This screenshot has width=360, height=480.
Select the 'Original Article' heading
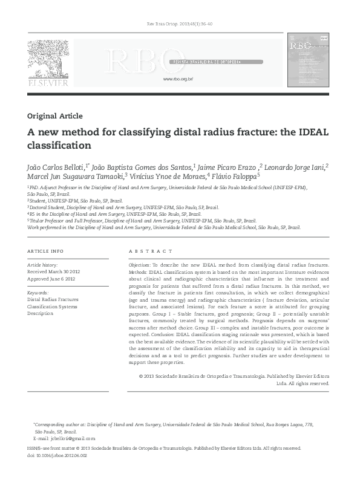click(55, 116)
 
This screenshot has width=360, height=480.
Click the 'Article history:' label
click(43, 265)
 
